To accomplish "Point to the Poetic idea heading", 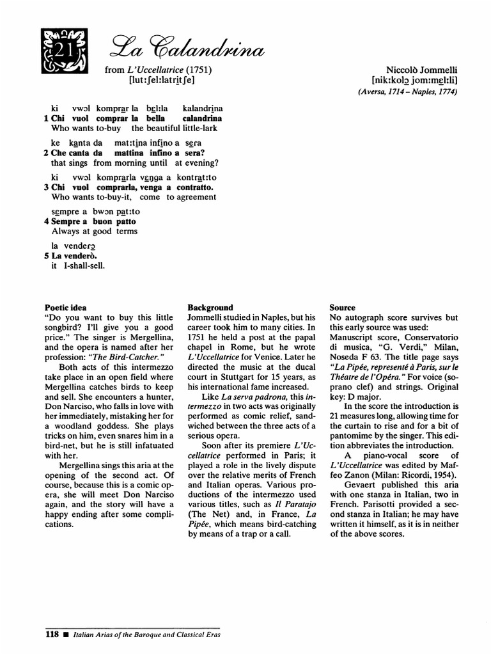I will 66,308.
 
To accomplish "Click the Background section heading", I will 210,308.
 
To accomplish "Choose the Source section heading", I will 343,308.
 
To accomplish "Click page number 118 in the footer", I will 52,635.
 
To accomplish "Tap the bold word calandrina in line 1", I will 202,118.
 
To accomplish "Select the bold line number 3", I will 46,187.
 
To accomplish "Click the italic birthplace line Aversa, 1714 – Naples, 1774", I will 408,91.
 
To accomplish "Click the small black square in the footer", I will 65,636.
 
